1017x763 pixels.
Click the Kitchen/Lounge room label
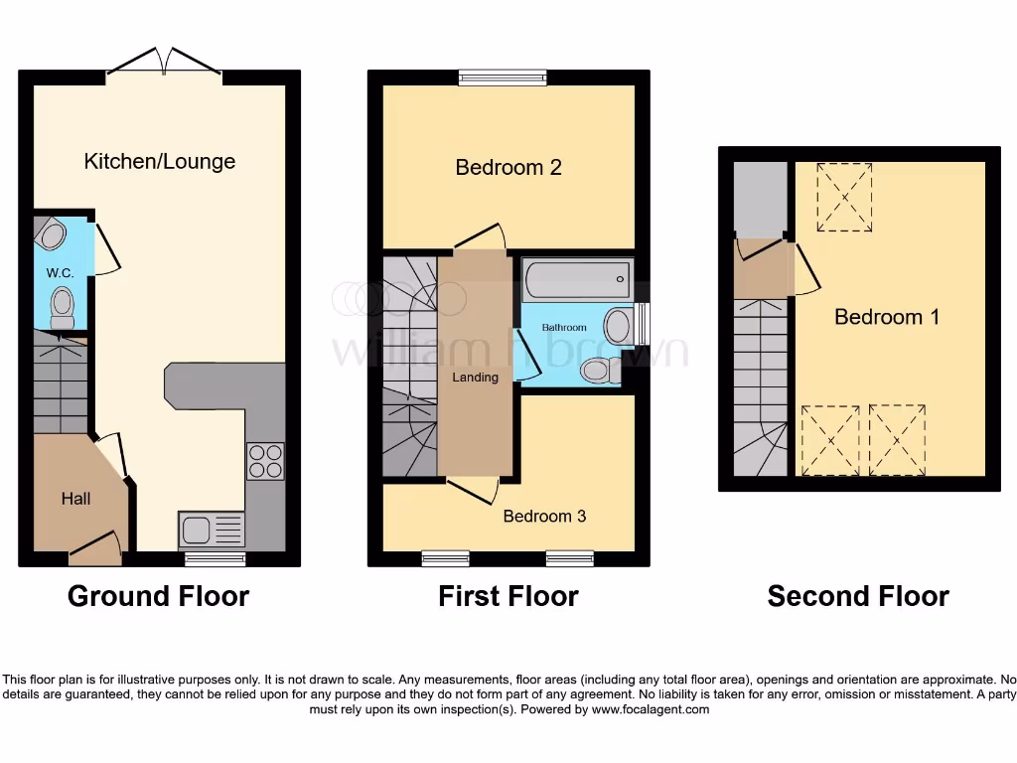159,161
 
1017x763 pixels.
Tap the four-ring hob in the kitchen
265,461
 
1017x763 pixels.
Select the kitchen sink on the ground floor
211,530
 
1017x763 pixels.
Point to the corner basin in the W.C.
52,234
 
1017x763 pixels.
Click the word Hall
75,499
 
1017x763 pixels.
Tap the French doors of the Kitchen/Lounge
164,62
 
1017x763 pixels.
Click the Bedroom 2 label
508,167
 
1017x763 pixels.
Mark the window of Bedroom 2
503,77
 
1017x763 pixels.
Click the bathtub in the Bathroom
577,278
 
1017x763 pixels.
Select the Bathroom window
643,324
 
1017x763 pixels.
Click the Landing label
475,377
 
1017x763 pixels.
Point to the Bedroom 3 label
544,516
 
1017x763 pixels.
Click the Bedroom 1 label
887,317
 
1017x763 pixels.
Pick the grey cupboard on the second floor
760,200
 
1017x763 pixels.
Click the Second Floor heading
858,596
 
